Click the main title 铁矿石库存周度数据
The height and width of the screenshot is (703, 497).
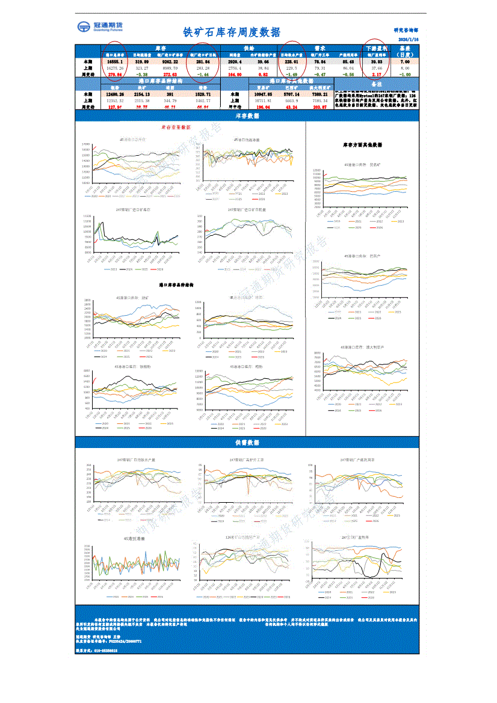(231, 32)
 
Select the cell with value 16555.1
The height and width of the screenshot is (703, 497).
(115, 61)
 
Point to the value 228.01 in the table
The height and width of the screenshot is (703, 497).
(291, 61)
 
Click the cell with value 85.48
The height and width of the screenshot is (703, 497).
(348, 61)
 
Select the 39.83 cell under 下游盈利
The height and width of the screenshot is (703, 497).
(377, 61)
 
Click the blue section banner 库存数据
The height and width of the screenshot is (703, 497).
(247, 115)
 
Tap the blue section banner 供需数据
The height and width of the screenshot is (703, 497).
(247, 443)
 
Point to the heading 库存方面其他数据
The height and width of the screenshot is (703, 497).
(362, 145)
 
